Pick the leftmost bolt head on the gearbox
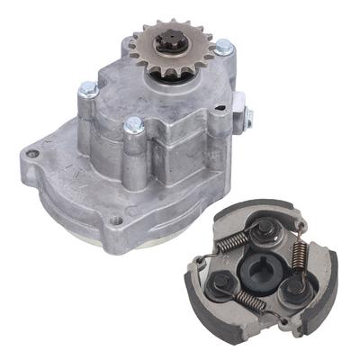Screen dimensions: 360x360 coord(88,89)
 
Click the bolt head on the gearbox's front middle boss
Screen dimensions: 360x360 coord(134,125)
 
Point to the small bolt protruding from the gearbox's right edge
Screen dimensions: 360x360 coord(247,114)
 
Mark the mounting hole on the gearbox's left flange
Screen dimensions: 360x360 coord(33,154)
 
